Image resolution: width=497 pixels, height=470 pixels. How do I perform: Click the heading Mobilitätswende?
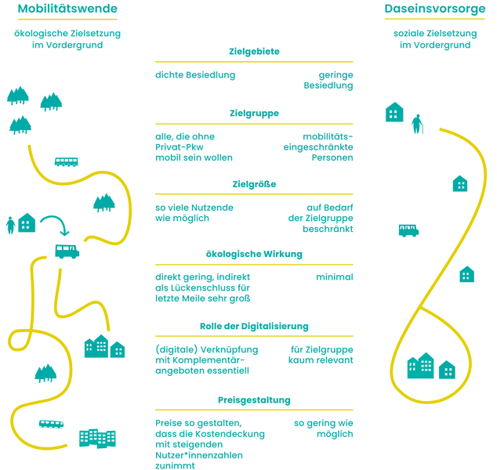point(67,9)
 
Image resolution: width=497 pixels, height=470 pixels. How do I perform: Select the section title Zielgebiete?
point(254,52)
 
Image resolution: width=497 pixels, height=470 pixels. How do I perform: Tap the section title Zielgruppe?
point(254,114)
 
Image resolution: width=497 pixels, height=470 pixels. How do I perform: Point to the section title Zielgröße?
point(254,184)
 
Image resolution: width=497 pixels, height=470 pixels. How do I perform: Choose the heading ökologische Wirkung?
point(254,254)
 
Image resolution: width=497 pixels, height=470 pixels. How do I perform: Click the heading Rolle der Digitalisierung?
point(254,326)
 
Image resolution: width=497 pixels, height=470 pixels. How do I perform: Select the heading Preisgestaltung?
point(254,399)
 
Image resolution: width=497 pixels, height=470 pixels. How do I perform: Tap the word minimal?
point(334,277)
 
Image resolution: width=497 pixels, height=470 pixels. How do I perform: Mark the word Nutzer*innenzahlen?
point(199,455)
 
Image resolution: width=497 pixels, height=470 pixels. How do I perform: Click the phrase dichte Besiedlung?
point(195,75)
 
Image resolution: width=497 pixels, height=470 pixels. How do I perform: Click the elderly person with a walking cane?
point(417,123)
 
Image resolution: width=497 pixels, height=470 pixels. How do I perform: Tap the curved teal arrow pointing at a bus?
point(55,223)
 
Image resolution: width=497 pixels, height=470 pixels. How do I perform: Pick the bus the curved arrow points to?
point(67,251)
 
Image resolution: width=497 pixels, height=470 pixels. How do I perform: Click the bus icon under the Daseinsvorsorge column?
point(408,230)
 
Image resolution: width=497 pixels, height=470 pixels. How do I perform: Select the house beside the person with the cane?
point(394,113)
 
